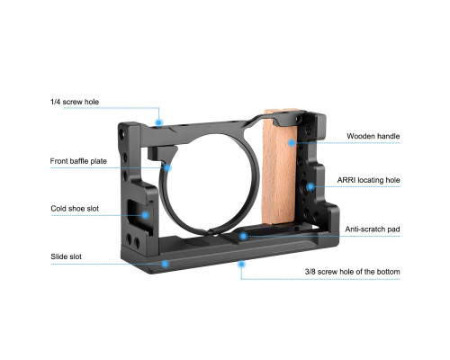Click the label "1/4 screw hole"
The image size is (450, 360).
75,102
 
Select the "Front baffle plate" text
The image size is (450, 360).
78,161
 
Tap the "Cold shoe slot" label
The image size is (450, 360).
75,209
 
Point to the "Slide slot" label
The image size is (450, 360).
66,256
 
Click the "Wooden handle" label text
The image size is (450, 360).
373,136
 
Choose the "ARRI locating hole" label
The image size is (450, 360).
368,180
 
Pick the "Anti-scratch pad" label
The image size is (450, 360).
373,229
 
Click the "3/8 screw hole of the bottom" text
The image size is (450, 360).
352,272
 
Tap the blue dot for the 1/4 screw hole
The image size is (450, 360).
159,122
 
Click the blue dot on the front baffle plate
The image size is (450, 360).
167,167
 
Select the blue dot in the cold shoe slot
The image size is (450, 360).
145,215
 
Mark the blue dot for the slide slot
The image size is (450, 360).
165,264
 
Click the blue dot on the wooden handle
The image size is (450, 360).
292,143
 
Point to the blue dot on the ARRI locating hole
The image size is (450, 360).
310,186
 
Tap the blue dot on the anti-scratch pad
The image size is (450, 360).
244,236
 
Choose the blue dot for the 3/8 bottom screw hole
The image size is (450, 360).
241,265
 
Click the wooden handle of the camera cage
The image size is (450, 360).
279,168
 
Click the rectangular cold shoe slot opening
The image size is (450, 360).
137,214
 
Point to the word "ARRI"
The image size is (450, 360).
346,180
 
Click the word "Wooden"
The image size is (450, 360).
360,136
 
